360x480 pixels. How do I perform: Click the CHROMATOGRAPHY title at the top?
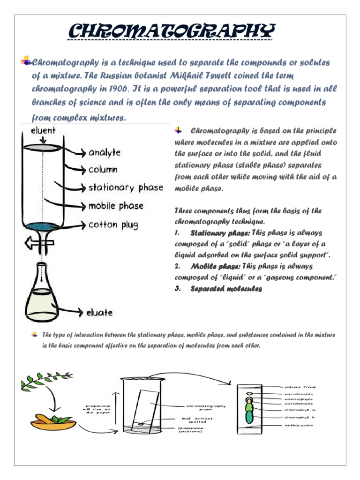pos(171,32)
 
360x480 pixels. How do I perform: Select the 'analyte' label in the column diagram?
pos(105,152)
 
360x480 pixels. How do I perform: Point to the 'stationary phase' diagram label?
pos(126,188)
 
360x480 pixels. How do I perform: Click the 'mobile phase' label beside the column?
pos(116,206)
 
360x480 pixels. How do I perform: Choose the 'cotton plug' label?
pos(113,225)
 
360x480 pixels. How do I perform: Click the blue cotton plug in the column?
pos(43,226)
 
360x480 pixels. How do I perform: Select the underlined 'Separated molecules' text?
pos(226,289)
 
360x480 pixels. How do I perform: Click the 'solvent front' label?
pos(300,387)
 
